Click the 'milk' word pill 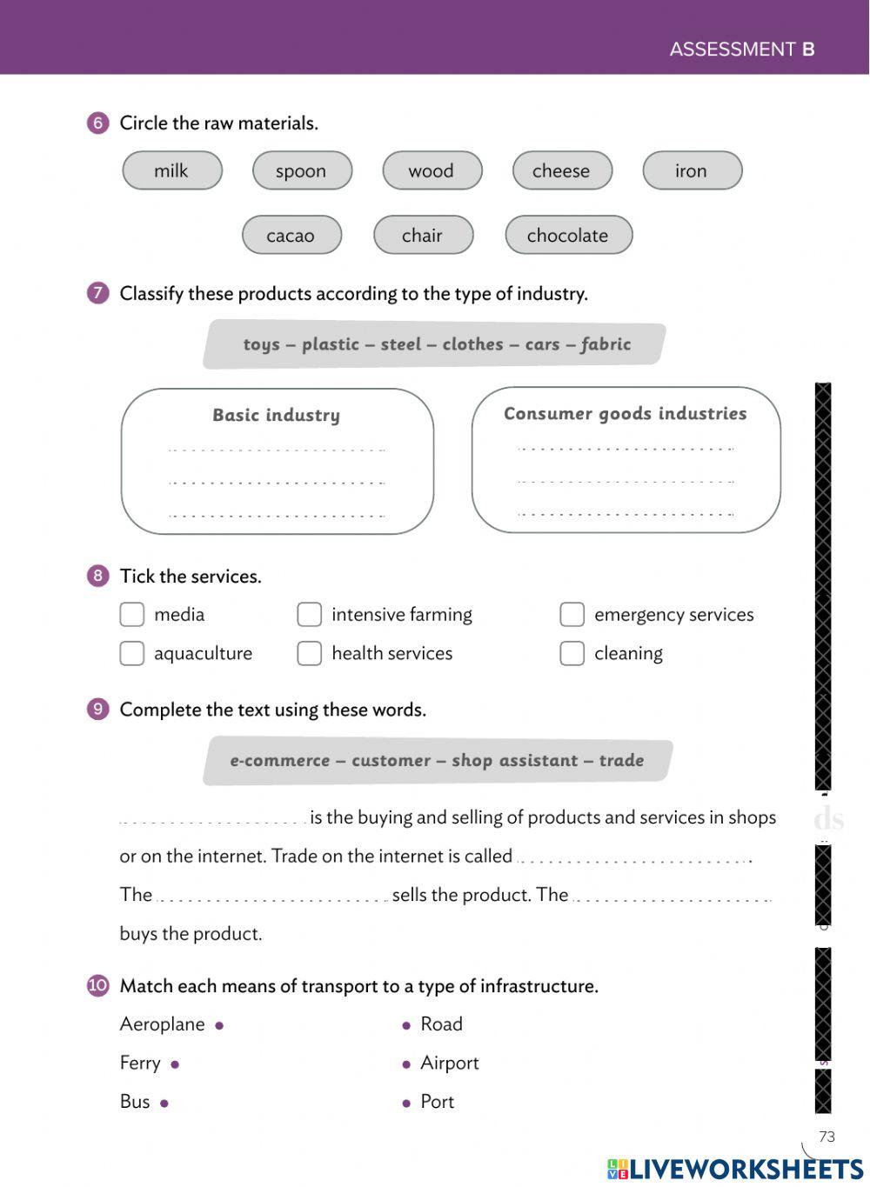click(x=171, y=170)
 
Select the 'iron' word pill click(x=692, y=170)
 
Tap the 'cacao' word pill click(x=291, y=235)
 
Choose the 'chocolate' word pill click(x=568, y=235)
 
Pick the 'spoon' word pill click(x=301, y=170)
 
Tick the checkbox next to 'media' click(x=131, y=615)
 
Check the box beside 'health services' click(x=309, y=653)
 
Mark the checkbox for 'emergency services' click(x=572, y=615)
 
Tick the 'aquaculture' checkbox click(x=131, y=653)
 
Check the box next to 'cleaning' click(x=572, y=653)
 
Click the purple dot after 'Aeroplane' click(x=219, y=1026)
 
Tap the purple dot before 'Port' click(x=406, y=1104)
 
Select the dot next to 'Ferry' click(x=175, y=1064)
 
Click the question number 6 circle click(x=98, y=123)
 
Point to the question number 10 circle click(x=98, y=985)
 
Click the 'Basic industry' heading click(x=277, y=416)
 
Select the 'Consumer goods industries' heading click(x=625, y=414)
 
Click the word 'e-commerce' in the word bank click(x=279, y=761)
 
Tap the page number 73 click(x=826, y=1137)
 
